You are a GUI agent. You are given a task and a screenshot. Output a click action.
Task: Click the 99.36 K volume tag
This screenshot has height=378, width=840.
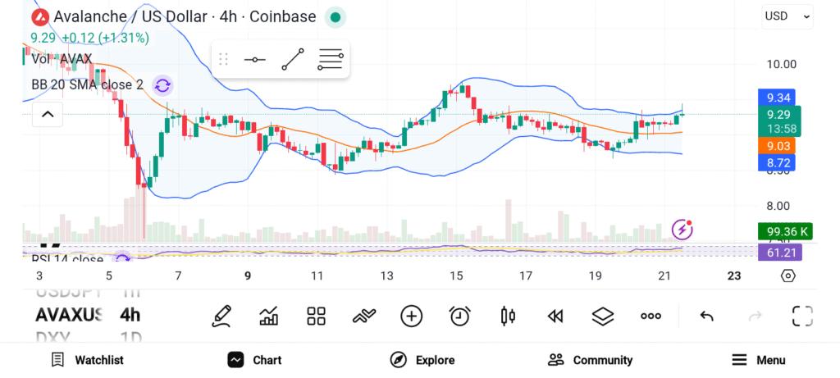[x=783, y=232]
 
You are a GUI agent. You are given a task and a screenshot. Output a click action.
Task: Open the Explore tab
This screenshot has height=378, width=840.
[x=422, y=360]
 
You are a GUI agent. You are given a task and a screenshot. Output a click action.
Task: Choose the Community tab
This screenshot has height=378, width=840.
[x=591, y=360]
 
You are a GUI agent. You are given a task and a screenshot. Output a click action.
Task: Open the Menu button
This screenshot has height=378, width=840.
[x=759, y=360]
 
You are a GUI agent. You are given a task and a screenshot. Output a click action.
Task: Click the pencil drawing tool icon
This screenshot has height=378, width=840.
[x=221, y=316]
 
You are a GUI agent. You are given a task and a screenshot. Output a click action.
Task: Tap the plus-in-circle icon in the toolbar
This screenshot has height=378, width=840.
[x=412, y=316]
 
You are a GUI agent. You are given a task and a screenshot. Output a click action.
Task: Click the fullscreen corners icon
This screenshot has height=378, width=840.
[x=802, y=316]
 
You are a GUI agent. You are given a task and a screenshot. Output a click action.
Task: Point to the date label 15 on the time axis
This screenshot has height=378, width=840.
[x=456, y=276]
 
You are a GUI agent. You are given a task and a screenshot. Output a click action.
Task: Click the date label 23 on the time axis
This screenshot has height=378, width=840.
[x=734, y=276]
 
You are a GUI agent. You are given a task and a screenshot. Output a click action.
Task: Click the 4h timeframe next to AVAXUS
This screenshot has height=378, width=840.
[x=130, y=315]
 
